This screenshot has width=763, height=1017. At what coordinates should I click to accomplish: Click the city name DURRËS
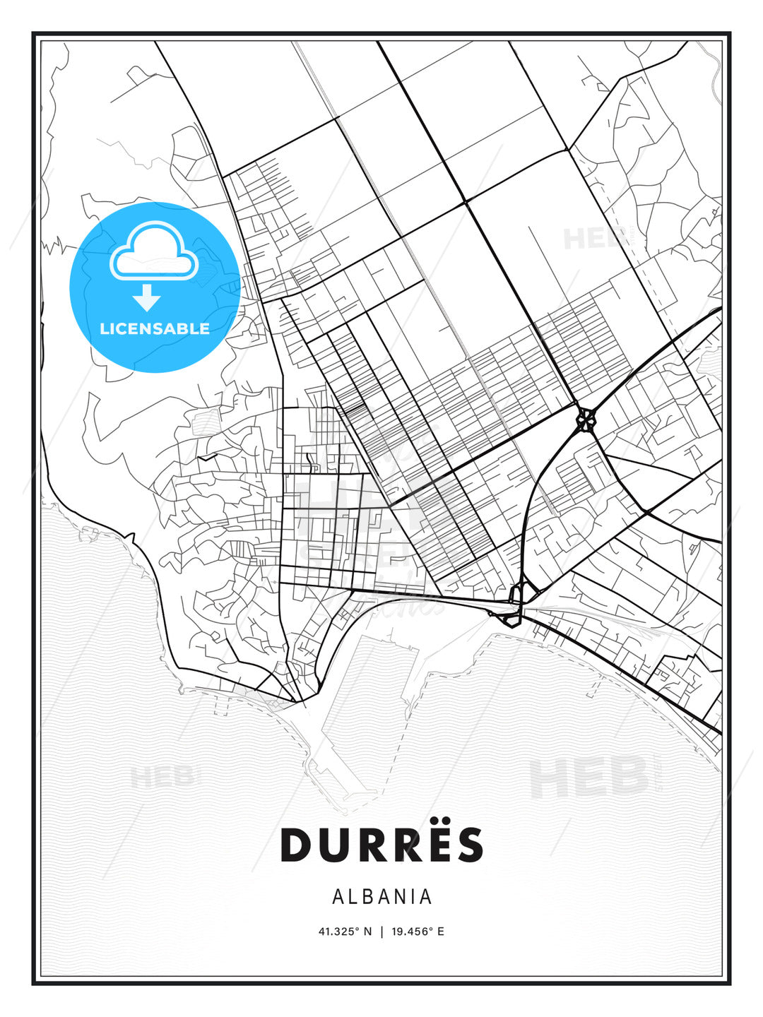[x=381, y=845]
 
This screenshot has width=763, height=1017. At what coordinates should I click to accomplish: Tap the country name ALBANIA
[x=381, y=897]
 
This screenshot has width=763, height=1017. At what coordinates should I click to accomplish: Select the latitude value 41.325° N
[x=345, y=932]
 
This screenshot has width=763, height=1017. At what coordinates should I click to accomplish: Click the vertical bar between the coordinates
[x=381, y=932]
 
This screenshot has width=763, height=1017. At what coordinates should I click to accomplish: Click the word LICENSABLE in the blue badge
[x=155, y=329]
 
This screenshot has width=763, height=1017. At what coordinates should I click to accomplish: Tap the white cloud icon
[x=152, y=251]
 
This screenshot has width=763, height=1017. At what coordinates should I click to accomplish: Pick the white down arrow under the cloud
[x=147, y=298]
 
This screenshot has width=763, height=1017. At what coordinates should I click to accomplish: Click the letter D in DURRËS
[x=298, y=845]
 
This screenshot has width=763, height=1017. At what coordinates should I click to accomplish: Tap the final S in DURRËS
[x=467, y=845]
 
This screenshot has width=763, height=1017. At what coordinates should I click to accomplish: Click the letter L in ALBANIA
[x=352, y=897]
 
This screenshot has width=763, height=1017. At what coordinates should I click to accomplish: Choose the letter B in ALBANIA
[x=367, y=897]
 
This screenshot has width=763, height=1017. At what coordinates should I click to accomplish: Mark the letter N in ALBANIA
[x=399, y=897]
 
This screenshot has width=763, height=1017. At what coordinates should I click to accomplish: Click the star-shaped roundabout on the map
[x=586, y=421]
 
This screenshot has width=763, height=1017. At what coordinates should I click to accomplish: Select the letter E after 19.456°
[x=441, y=932]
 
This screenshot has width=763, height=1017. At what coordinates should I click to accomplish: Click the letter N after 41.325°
[x=367, y=932]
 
